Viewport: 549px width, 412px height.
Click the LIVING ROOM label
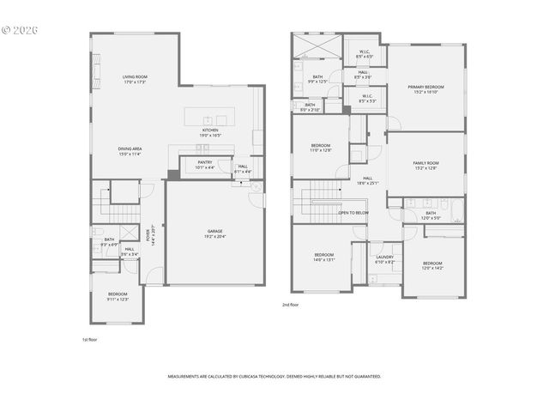[135, 76]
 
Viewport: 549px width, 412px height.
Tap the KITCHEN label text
[210, 130]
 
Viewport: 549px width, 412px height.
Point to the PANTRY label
[204, 163]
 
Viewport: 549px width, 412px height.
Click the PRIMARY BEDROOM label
[425, 87]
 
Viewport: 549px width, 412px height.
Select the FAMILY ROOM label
[425, 163]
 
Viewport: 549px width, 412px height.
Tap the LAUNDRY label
[384, 257]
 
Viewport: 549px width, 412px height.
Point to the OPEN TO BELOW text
[353, 212]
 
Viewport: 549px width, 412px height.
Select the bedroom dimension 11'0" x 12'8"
[321, 150]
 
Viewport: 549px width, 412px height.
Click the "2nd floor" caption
[290, 305]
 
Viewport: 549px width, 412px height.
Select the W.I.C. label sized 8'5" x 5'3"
[366, 100]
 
